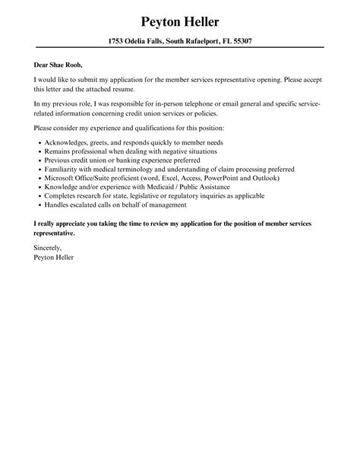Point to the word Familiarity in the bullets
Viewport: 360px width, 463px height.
(63, 168)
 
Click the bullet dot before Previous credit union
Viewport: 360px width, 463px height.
(39, 160)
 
